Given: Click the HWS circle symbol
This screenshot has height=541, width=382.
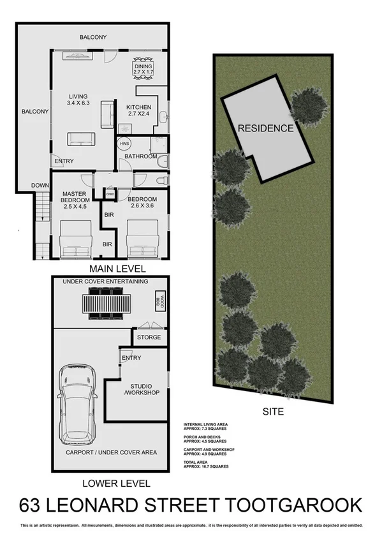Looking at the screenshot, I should pos(124,144).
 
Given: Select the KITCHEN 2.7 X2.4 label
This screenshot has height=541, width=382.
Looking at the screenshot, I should pos(138,111).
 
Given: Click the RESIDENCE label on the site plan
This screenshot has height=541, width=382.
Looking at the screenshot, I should pos(266,128).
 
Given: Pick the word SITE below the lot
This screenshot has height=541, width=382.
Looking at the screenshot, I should pos(273,411).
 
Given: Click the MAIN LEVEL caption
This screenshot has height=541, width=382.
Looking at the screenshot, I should pos(117,268).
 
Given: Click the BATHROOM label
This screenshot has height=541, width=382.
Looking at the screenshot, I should pos(140,156).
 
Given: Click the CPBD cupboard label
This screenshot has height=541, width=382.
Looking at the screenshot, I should pos(110,194).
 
